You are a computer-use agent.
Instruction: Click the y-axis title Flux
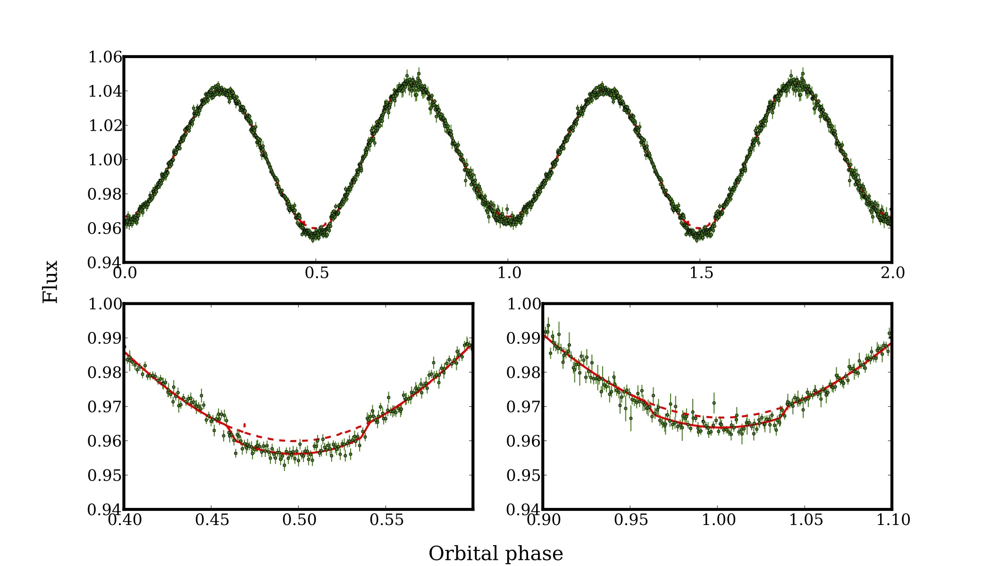point(50,282)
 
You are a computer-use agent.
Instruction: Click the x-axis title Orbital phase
point(495,553)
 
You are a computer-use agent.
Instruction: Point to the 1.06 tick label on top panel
point(105,57)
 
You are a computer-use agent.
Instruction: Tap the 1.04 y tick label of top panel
point(105,91)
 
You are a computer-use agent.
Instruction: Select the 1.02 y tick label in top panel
point(105,125)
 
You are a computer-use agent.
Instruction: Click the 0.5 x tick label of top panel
point(317,273)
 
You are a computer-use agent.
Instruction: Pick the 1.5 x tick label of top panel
point(701,273)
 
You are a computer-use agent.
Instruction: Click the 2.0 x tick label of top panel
point(892,273)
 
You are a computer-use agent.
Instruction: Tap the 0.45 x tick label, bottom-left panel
point(212,519)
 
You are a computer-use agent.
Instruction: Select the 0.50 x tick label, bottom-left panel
point(299,519)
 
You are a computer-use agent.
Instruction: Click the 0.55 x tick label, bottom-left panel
point(386,519)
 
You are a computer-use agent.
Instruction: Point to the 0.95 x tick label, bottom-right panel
point(630,519)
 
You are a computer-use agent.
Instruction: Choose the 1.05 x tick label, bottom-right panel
point(805,519)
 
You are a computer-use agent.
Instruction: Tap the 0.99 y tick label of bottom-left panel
point(105,338)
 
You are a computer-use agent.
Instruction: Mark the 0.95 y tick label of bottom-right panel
point(523,475)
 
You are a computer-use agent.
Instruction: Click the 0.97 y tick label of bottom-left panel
point(105,407)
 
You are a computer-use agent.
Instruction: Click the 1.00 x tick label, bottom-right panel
point(718,519)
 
